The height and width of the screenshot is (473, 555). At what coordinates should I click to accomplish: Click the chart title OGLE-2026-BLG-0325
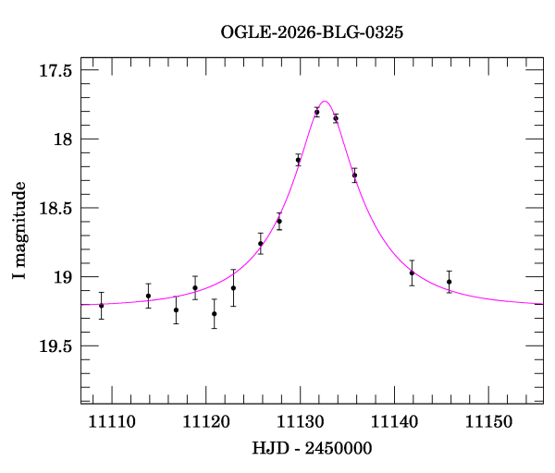coord(312,32)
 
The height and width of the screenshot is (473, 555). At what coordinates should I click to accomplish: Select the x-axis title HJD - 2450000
coord(312,447)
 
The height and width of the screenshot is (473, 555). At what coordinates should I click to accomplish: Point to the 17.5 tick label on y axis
coord(55,70)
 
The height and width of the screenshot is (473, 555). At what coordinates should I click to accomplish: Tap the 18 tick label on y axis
coord(64,139)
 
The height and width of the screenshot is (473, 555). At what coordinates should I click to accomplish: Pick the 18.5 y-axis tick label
coord(55,208)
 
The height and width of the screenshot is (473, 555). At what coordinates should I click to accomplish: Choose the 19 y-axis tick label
coord(64,277)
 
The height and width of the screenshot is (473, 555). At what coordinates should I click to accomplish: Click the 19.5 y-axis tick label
coord(55,346)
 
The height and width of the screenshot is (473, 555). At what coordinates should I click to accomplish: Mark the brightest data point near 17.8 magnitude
coord(316,112)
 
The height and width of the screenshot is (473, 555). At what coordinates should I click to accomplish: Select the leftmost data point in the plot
coord(101,305)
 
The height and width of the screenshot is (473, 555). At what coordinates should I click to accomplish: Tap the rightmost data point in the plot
coord(449,282)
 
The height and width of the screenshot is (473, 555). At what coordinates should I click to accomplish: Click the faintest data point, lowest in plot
coord(214,313)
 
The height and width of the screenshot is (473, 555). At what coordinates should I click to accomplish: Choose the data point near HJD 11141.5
coord(412,273)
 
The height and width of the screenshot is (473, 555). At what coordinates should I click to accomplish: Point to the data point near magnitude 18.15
coord(298,160)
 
